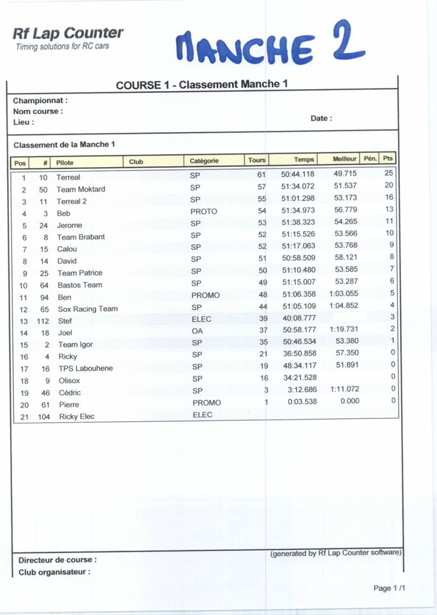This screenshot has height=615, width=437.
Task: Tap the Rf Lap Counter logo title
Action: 68,33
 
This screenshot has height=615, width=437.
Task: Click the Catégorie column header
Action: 204,161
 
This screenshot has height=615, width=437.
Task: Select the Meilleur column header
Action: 345,159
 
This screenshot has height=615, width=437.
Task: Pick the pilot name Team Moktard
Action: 81,190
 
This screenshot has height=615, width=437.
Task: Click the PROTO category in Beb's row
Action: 204,211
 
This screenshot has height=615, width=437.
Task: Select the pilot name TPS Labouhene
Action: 85,369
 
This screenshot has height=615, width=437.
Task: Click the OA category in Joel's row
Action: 197,331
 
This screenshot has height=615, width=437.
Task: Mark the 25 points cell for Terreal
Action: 388,173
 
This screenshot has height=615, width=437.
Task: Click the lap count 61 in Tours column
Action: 261,174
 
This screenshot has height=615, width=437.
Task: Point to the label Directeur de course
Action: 58,560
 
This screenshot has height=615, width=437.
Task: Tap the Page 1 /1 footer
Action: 390,588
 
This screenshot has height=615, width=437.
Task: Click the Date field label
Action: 321,119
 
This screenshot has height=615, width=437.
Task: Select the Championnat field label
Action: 40,101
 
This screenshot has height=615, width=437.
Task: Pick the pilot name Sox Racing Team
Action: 88,309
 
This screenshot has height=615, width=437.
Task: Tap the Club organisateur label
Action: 54,572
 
